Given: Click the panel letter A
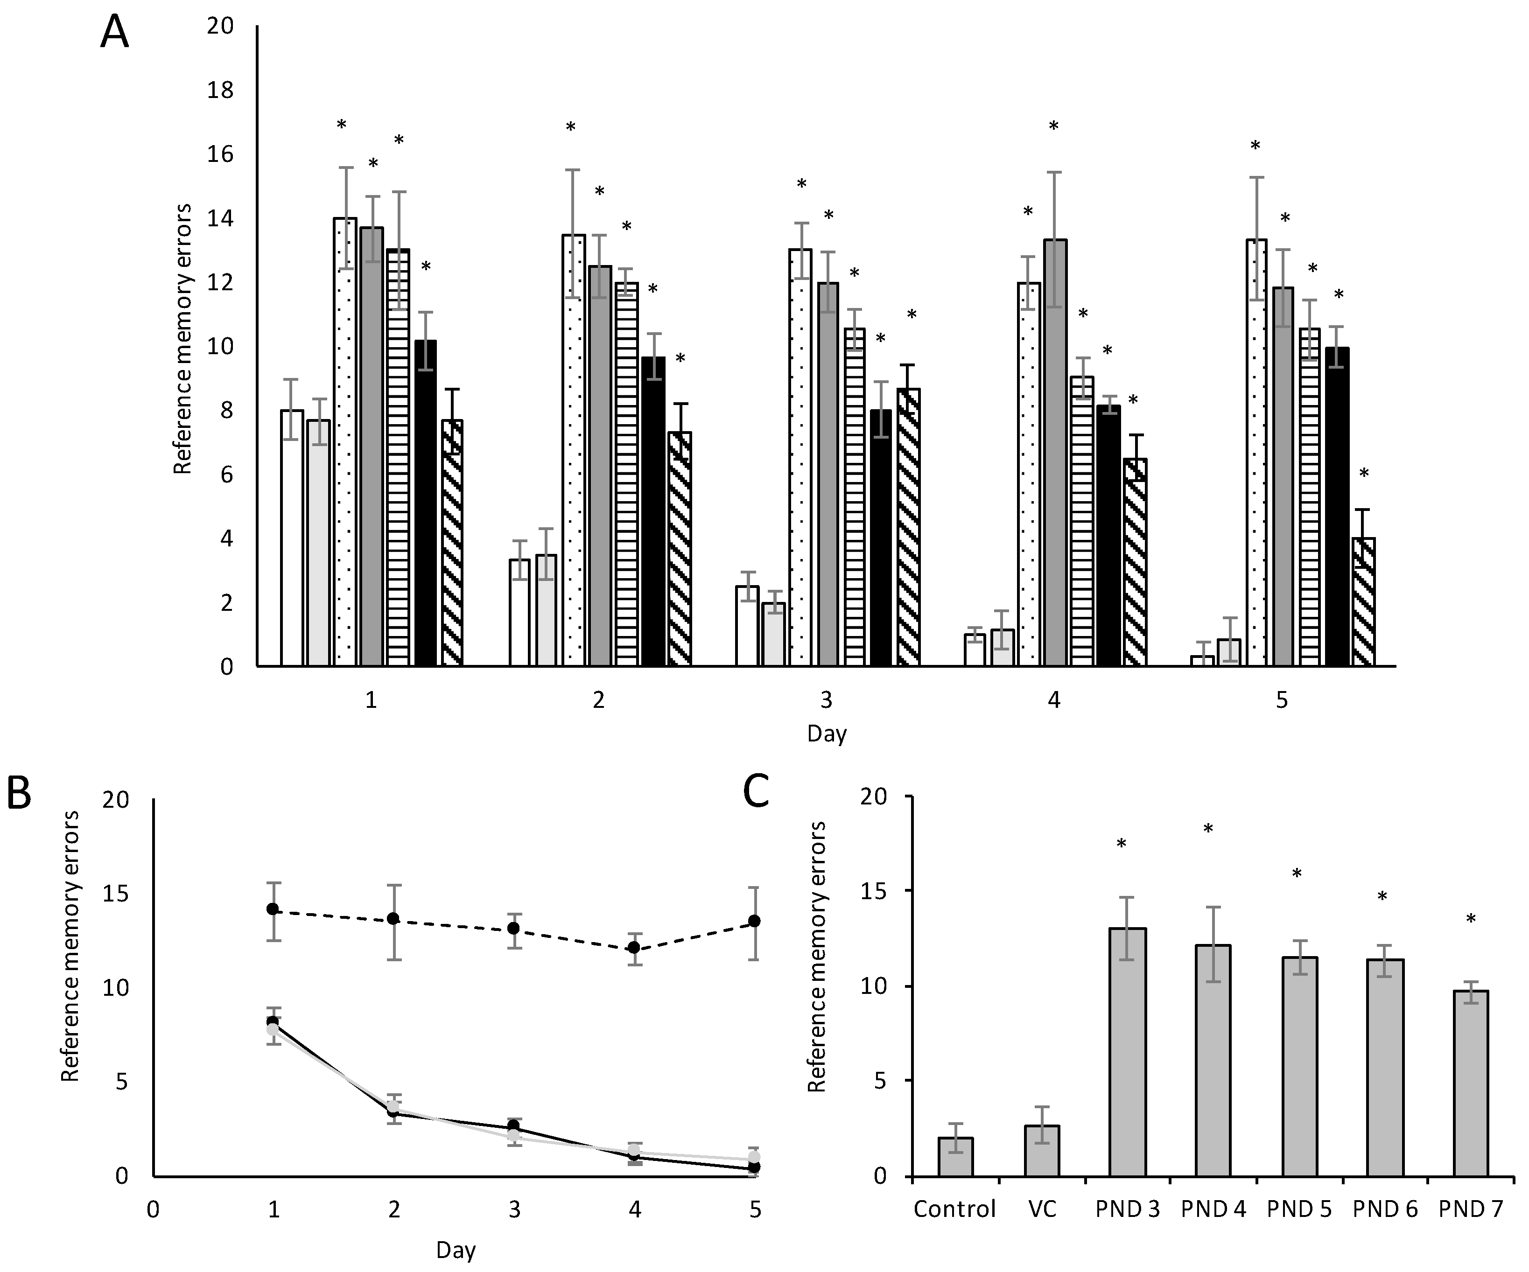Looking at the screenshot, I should point(114,33).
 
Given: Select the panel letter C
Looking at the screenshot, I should point(757,793).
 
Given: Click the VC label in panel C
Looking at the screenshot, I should point(1041,1209).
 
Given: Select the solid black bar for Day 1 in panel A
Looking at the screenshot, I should point(426,503).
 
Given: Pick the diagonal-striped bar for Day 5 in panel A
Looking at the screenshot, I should point(1364,601).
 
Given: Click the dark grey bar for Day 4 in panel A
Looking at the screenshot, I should point(1054,451).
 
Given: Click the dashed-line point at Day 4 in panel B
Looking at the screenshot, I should point(634,947).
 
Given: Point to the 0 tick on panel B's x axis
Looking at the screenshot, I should point(152,1210).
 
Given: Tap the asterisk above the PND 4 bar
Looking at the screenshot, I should point(1208,829).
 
